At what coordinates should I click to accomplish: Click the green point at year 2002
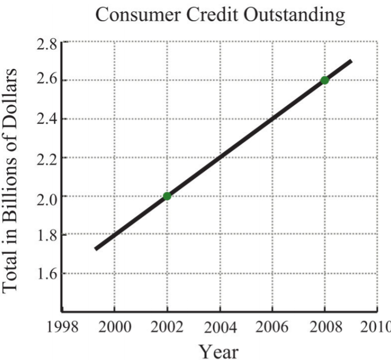coord(167,196)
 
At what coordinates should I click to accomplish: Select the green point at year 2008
coord(324,80)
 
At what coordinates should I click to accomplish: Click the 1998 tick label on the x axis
coord(63,326)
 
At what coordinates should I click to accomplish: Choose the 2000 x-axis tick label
coord(115,326)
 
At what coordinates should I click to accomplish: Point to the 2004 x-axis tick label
coord(220,326)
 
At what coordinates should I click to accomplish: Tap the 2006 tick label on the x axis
coord(272,326)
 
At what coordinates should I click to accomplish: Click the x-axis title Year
coord(219,350)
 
